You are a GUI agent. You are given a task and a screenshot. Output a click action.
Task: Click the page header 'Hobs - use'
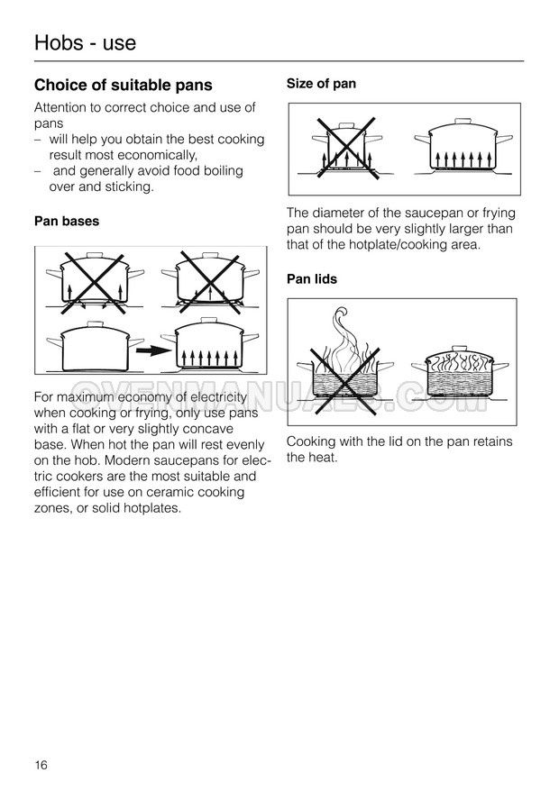coord(85,42)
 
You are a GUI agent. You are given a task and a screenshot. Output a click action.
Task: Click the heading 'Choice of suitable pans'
coord(124,86)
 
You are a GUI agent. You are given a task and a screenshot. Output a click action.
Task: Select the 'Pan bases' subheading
coord(67,222)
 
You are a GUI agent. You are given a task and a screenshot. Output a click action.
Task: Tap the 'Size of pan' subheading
coord(321,84)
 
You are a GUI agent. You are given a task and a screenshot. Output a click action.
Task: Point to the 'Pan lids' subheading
coord(312,279)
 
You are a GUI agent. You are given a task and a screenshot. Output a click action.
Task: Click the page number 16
coord(41,765)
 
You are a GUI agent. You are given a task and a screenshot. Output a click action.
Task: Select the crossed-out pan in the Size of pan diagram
coord(346,147)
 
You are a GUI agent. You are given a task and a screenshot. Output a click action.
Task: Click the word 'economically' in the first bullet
coord(157,155)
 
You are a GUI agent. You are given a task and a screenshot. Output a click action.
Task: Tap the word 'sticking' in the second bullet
coord(129,187)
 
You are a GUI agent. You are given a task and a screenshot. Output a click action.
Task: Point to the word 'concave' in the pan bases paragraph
coord(208,430)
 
